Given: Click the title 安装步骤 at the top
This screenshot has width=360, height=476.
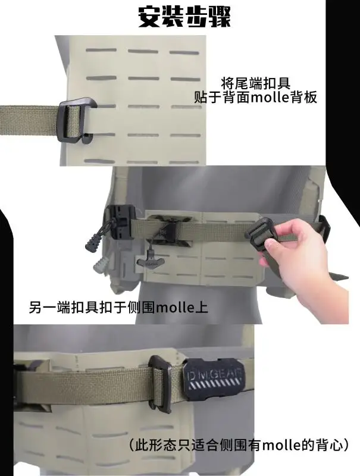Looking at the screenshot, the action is (x=184, y=17).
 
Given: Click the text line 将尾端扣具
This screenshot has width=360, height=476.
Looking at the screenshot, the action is (x=255, y=83).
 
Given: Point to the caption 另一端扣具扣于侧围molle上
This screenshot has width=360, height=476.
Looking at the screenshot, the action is (x=118, y=307).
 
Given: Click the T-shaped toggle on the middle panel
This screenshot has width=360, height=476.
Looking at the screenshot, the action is (x=152, y=261).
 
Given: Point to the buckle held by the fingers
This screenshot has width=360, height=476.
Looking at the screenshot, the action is (x=258, y=233).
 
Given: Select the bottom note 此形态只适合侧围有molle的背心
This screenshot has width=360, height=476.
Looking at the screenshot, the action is (x=239, y=445).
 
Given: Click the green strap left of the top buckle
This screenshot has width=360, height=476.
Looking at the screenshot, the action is (x=29, y=121).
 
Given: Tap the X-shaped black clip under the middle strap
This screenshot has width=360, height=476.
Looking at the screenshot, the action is (x=170, y=231).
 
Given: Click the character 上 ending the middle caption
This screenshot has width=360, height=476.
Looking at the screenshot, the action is (x=202, y=307).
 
